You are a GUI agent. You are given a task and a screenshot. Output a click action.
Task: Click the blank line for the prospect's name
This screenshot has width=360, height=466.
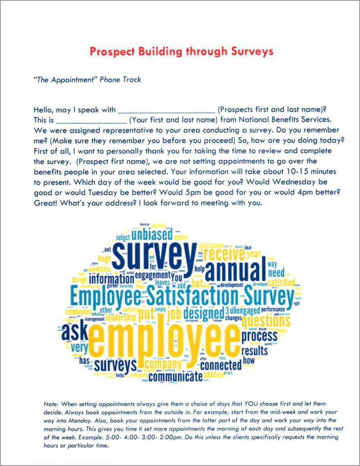coord(166,111)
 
